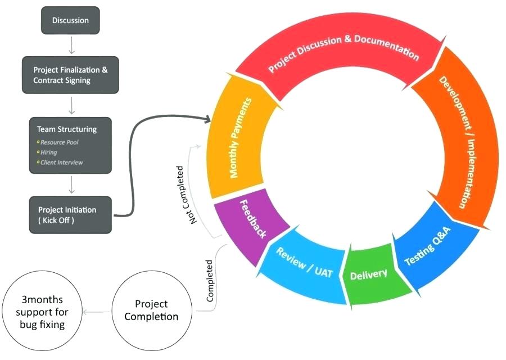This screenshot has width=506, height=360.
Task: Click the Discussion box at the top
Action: point(71,21)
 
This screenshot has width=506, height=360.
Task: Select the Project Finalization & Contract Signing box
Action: point(71,75)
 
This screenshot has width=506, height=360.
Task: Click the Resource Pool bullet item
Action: point(60,142)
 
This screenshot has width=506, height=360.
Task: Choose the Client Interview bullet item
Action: point(62,162)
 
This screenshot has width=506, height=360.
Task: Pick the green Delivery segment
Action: point(369,275)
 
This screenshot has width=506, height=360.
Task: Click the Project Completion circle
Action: point(151,310)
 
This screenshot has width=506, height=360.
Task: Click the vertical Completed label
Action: point(210,281)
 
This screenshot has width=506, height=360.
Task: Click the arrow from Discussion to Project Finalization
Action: point(71,43)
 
